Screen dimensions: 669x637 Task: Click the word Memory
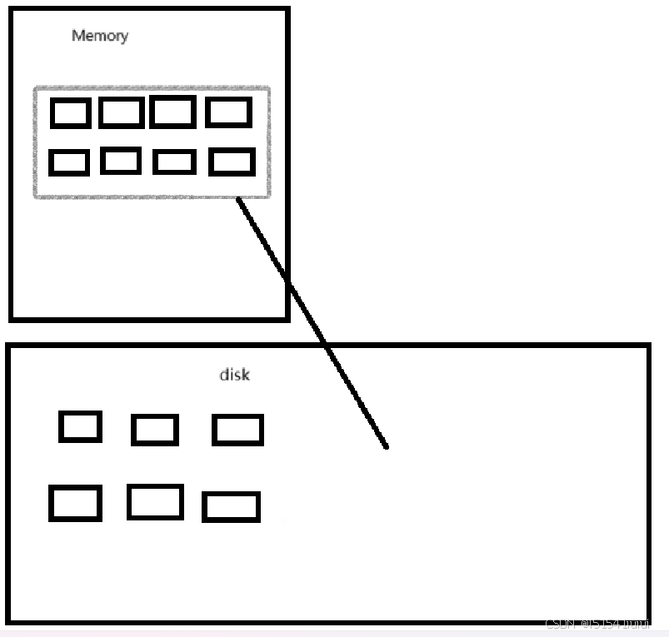100,36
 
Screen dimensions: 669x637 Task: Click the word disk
234,375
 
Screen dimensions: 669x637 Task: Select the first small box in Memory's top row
70,112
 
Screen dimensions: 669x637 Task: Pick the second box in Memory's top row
121,112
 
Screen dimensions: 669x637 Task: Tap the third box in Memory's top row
172,112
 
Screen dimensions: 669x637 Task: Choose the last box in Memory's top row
228,112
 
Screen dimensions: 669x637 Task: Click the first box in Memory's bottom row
69,162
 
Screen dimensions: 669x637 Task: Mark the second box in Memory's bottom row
121,160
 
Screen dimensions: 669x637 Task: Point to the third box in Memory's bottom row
174,162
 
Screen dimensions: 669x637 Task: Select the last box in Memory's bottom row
232,162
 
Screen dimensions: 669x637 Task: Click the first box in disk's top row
80,426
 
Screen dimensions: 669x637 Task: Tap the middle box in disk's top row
154,430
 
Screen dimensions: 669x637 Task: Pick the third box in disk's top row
237,430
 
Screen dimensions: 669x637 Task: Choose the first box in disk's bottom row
75,503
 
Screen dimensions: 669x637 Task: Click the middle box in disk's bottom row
155,501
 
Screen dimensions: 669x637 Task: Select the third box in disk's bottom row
231,506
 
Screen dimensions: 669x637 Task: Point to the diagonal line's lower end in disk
386,446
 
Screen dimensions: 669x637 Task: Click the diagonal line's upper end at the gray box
238,199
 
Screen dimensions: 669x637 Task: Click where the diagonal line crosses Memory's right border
288,283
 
